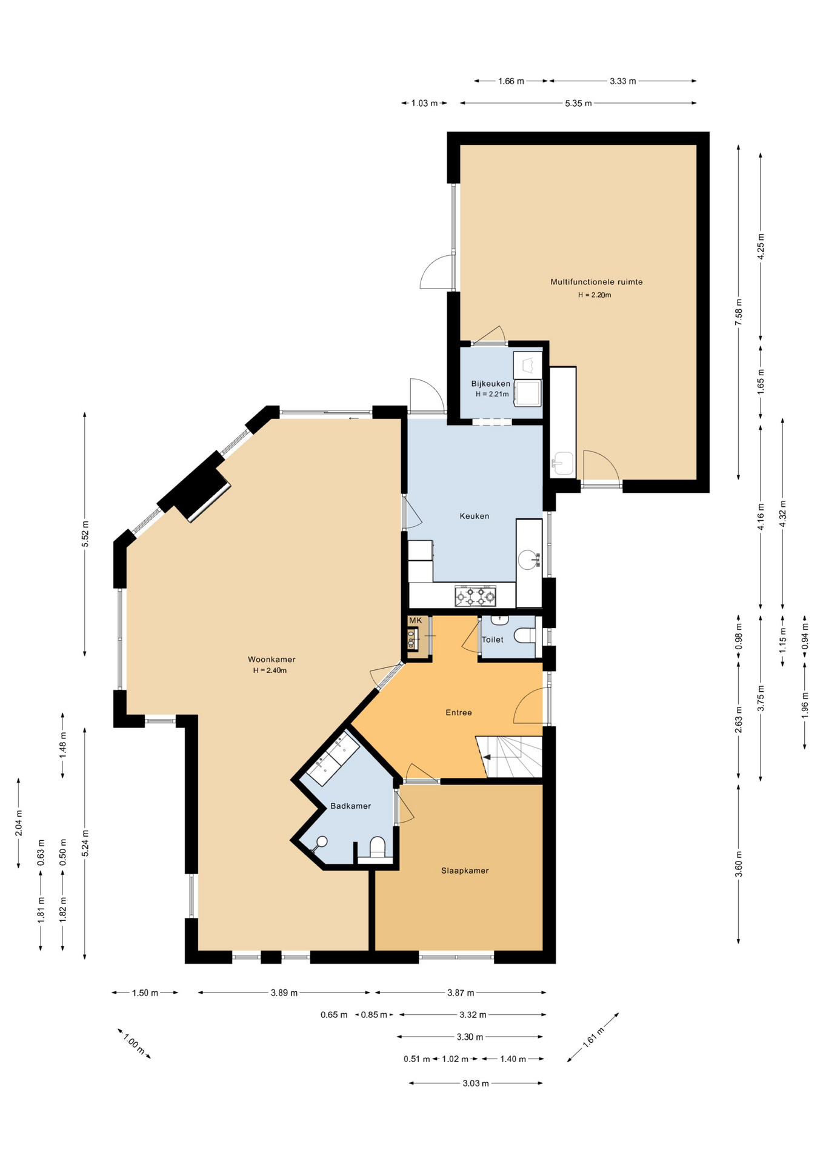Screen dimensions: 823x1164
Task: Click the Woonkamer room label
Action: pyautogui.click(x=272, y=660)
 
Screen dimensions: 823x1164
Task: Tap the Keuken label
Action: pyautogui.click(x=474, y=516)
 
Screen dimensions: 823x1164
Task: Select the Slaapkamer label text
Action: pyautogui.click(x=465, y=871)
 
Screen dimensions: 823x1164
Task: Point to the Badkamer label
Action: pyautogui.click(x=350, y=806)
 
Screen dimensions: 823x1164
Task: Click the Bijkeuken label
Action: pyautogui.click(x=491, y=384)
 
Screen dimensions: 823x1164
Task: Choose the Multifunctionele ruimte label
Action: pyautogui.click(x=596, y=282)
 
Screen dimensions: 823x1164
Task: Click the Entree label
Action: pyautogui.click(x=459, y=712)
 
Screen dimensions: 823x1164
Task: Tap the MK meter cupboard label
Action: pyautogui.click(x=415, y=620)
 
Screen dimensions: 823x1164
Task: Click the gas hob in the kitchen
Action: pyautogui.click(x=475, y=596)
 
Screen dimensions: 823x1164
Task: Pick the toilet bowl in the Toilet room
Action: pyautogui.click(x=525, y=635)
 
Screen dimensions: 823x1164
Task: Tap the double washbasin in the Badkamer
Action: pyautogui.click(x=333, y=758)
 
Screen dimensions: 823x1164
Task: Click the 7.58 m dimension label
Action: pyautogui.click(x=738, y=312)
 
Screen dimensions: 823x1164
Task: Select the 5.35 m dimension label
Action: pyautogui.click(x=578, y=103)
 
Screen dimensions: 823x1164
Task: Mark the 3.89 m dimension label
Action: pyautogui.click(x=284, y=992)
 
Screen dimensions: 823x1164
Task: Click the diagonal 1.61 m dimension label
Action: pyautogui.click(x=593, y=1037)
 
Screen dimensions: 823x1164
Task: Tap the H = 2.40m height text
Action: pyautogui.click(x=270, y=671)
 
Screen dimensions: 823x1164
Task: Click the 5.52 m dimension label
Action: pyautogui.click(x=85, y=533)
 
